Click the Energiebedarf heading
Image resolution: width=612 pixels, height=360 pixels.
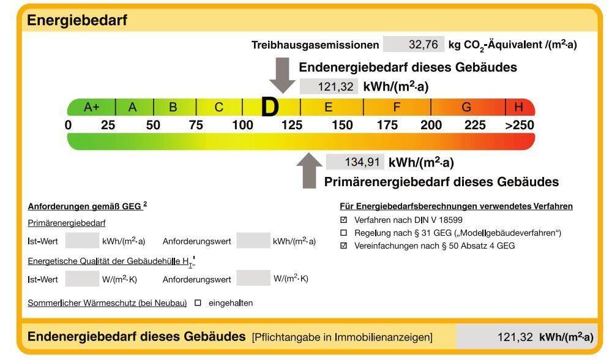pos(77,20)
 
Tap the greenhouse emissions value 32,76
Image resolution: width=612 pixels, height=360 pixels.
pos(423,45)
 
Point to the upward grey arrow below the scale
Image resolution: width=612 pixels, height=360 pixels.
pos(310,171)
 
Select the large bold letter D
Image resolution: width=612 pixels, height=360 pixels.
pos(270,107)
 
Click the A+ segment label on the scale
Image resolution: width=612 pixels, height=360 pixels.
pos(92,107)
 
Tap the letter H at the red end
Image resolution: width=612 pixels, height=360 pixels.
pos(518,107)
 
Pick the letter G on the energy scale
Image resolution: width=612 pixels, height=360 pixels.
pos(466,107)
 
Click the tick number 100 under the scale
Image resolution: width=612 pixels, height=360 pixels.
pos(243,125)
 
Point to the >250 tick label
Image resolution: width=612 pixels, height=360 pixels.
pos(520,125)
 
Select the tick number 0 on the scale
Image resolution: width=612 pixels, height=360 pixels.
pos(69,125)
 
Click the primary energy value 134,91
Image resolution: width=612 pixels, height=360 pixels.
pos(362,162)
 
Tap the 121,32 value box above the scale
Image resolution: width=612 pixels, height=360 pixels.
pos(329,86)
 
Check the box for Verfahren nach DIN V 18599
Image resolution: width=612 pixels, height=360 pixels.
pos(343,220)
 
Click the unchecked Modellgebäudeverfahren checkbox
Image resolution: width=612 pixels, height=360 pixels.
pos(343,233)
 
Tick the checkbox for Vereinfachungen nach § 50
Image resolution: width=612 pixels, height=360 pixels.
pos(343,246)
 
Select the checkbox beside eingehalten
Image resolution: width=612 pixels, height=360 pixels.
pos(198,302)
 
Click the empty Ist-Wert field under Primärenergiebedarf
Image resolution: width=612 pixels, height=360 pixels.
pos(82,241)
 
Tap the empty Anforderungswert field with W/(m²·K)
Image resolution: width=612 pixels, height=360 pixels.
pos(253,278)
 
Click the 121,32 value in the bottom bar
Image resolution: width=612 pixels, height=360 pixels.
pos(515,337)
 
